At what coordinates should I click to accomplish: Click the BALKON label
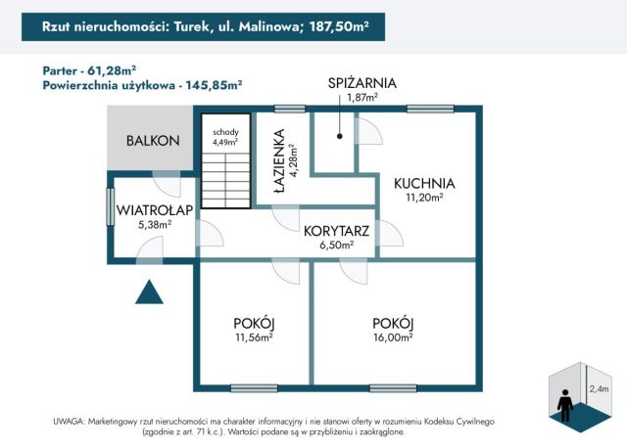pyautogui.click(x=153, y=141)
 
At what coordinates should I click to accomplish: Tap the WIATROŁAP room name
pyautogui.click(x=155, y=209)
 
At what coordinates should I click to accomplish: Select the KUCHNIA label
pyautogui.click(x=424, y=182)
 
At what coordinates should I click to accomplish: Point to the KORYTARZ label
pyautogui.click(x=336, y=232)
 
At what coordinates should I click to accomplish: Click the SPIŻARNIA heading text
pyautogui.click(x=362, y=83)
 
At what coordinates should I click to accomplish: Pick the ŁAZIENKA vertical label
pyautogui.click(x=280, y=161)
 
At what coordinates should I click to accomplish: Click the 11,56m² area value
pyautogui.click(x=254, y=338)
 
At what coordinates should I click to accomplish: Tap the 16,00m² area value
pyautogui.click(x=392, y=338)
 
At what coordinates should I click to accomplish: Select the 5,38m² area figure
pyautogui.click(x=156, y=223)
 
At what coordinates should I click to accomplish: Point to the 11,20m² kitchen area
pyautogui.click(x=424, y=197)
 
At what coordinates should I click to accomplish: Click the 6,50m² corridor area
pyautogui.click(x=336, y=246)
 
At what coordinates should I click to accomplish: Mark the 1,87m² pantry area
pyautogui.click(x=362, y=97)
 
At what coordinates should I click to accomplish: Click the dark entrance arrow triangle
pyautogui.click(x=149, y=291)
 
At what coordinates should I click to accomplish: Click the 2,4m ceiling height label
pyautogui.click(x=598, y=388)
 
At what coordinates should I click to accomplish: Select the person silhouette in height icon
pyautogui.click(x=565, y=401)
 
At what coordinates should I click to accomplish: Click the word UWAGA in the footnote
pyautogui.click(x=72, y=421)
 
